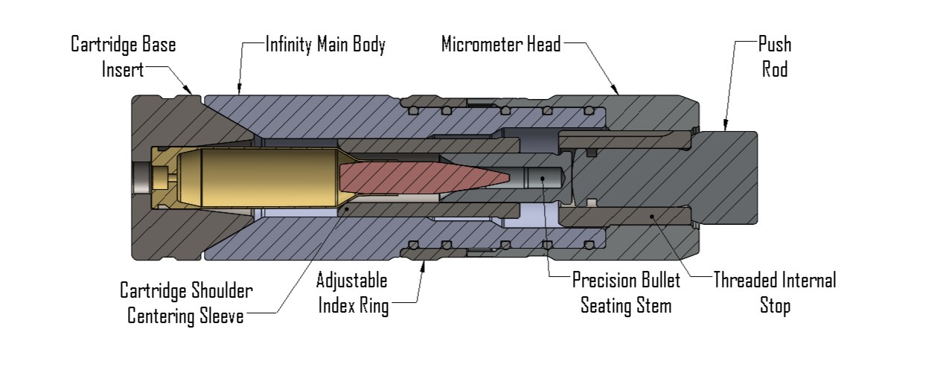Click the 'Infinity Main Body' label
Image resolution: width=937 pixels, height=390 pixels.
[x=325, y=45]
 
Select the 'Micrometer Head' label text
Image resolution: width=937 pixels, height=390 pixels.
[x=500, y=45]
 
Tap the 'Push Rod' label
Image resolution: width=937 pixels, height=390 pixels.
[x=774, y=57]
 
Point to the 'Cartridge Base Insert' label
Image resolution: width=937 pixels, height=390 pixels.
[x=123, y=57]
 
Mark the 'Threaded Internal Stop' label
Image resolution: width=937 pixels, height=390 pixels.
[x=774, y=293]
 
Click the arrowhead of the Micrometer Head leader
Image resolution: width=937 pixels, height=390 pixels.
[x=618, y=94]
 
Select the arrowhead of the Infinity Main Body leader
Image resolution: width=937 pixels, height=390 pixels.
[x=237, y=94]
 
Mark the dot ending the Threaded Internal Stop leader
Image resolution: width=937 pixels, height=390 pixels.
[x=652, y=217]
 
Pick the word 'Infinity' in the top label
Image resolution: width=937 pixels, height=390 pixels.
[x=288, y=45]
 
